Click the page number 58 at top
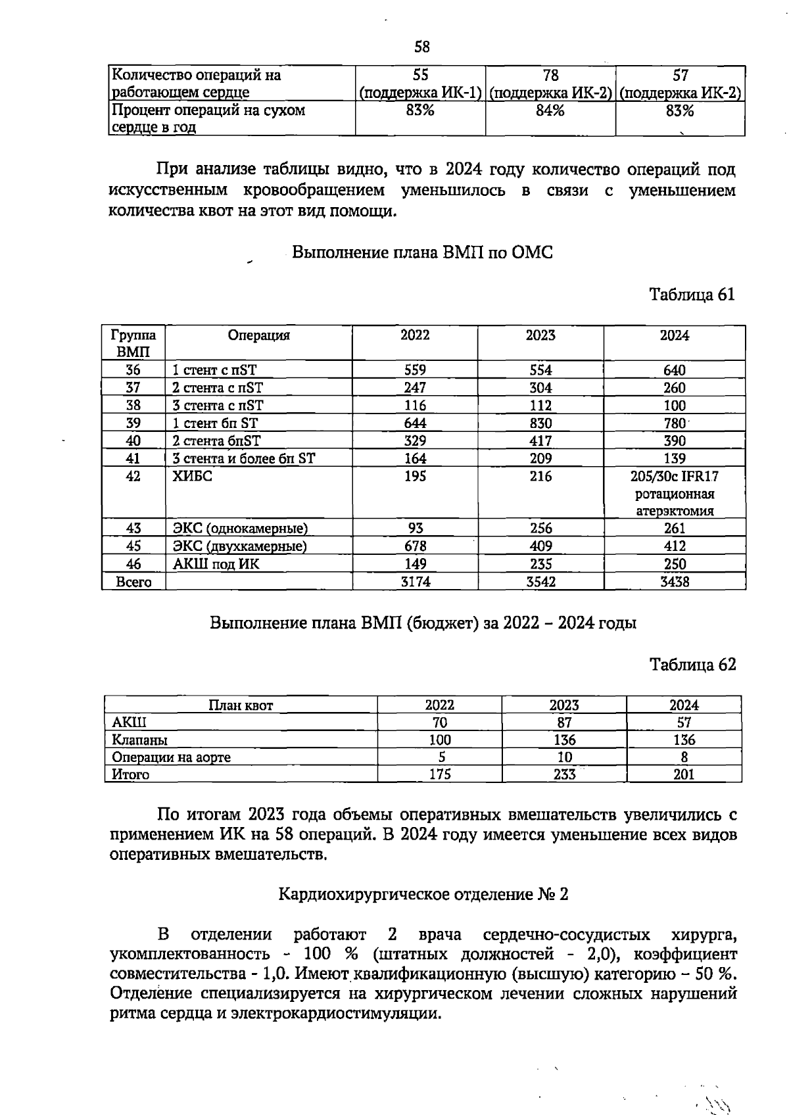(x=422, y=47)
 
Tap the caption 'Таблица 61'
(x=692, y=294)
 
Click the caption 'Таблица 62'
(x=692, y=665)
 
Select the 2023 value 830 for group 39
(x=540, y=423)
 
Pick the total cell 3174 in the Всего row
(x=415, y=582)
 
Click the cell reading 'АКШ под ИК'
(x=216, y=564)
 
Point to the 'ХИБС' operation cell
(x=193, y=477)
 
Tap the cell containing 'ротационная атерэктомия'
(x=675, y=502)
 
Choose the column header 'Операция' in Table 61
(x=258, y=335)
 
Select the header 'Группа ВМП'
(x=133, y=343)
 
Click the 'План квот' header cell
(x=241, y=705)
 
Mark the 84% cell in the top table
(x=550, y=110)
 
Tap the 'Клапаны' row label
(x=140, y=740)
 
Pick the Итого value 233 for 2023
(x=564, y=774)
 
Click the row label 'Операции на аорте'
(x=172, y=757)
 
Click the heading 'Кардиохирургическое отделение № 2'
(x=423, y=894)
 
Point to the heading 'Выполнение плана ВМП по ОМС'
(x=422, y=252)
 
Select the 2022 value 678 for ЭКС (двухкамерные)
(x=415, y=546)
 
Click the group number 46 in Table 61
(x=133, y=564)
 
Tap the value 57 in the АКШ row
(x=684, y=723)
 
